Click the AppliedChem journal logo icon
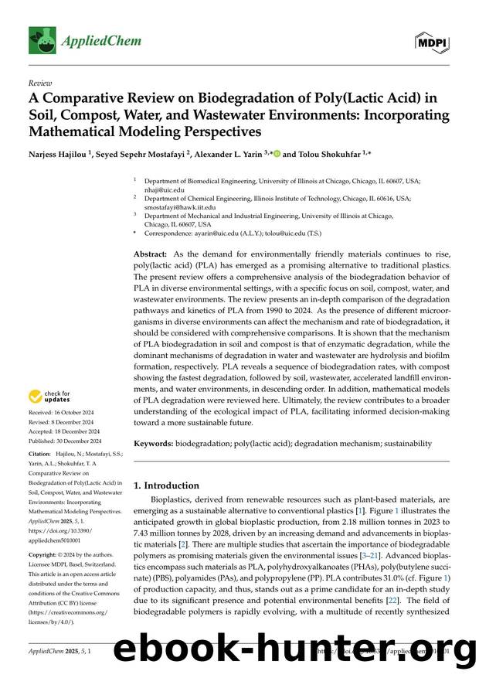[x=42, y=39]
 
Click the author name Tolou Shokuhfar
[x=323, y=154]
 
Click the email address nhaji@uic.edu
[x=165, y=189]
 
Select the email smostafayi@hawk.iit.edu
[x=183, y=207]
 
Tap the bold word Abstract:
[x=151, y=254]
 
